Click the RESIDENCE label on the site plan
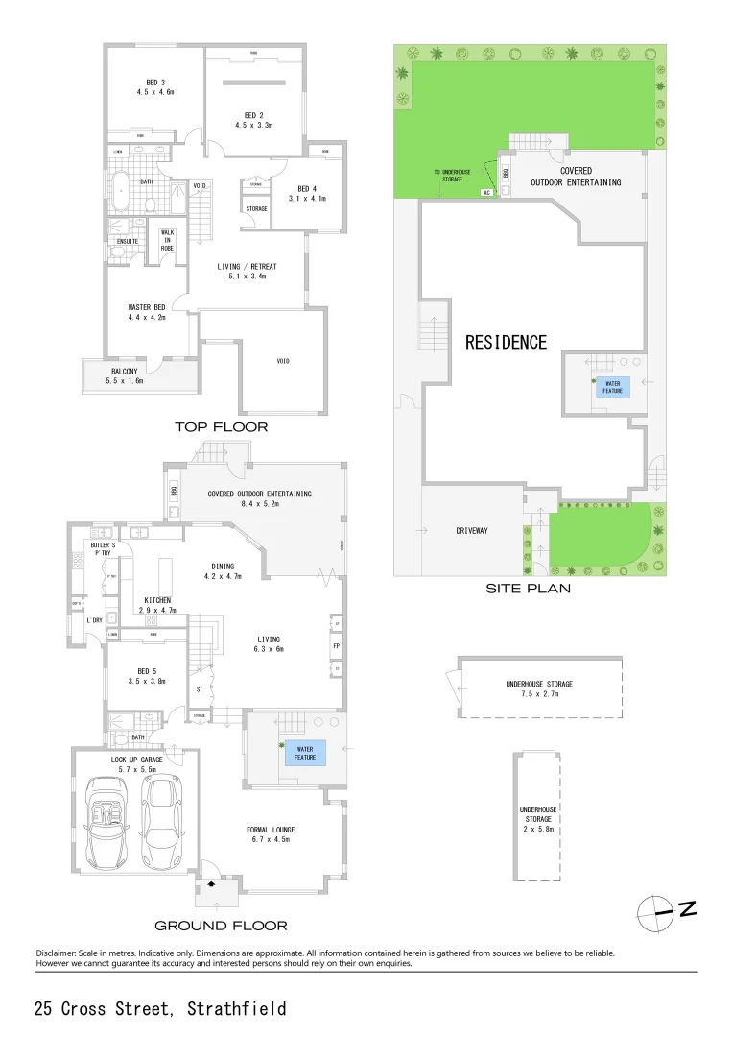[507, 342]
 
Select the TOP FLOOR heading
[221, 426]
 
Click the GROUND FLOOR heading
[221, 926]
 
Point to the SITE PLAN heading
[529, 589]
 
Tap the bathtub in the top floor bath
[120, 191]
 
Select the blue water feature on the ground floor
[303, 753]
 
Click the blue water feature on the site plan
[611, 387]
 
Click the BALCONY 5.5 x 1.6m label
[124, 375]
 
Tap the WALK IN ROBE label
[166, 240]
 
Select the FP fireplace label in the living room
[336, 646]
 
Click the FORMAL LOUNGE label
[270, 834]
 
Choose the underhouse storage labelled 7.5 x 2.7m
[539, 688]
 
